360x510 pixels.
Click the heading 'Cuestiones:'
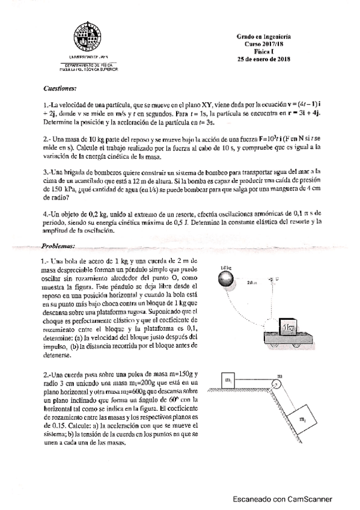pyautogui.click(x=60, y=88)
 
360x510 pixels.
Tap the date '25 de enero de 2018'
pyautogui.click(x=263, y=58)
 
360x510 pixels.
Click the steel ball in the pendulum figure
pyautogui.click(x=227, y=278)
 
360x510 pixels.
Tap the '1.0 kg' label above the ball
pyautogui.click(x=226, y=266)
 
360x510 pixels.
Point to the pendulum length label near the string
pyautogui.click(x=252, y=280)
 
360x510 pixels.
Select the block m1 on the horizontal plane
pyautogui.click(x=228, y=381)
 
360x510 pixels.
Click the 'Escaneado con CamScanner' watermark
pyautogui.click(x=283, y=499)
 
